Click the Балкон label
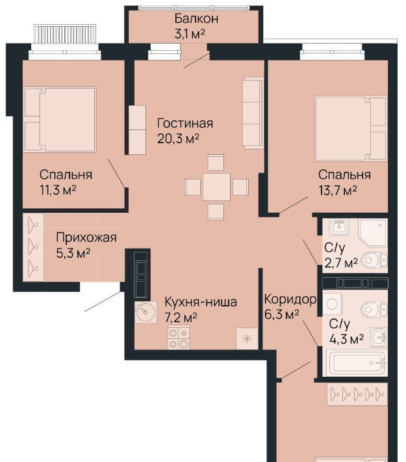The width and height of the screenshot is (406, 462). click(x=196, y=19)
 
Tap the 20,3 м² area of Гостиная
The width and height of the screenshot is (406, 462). click(x=178, y=139)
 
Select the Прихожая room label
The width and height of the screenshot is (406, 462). click(x=86, y=238)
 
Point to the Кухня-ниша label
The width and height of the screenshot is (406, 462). click(x=200, y=302)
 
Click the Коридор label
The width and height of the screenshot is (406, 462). click(x=290, y=299)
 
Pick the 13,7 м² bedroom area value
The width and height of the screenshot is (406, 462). click(x=338, y=191)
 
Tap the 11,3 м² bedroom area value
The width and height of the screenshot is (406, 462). click(x=58, y=190)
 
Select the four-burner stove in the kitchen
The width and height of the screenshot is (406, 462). click(x=179, y=338)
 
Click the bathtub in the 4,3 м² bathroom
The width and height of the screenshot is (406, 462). click(x=357, y=363)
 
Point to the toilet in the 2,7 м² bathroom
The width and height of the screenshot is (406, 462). click(x=374, y=260)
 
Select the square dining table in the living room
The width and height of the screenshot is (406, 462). click(x=216, y=187)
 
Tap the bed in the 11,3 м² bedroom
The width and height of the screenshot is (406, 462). click(x=60, y=119)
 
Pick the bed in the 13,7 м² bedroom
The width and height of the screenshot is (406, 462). click(x=351, y=128)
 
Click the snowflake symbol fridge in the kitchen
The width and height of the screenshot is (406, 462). click(x=247, y=338)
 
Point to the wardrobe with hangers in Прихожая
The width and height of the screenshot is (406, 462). click(x=33, y=247)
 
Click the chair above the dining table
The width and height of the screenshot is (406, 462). click(x=216, y=162)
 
